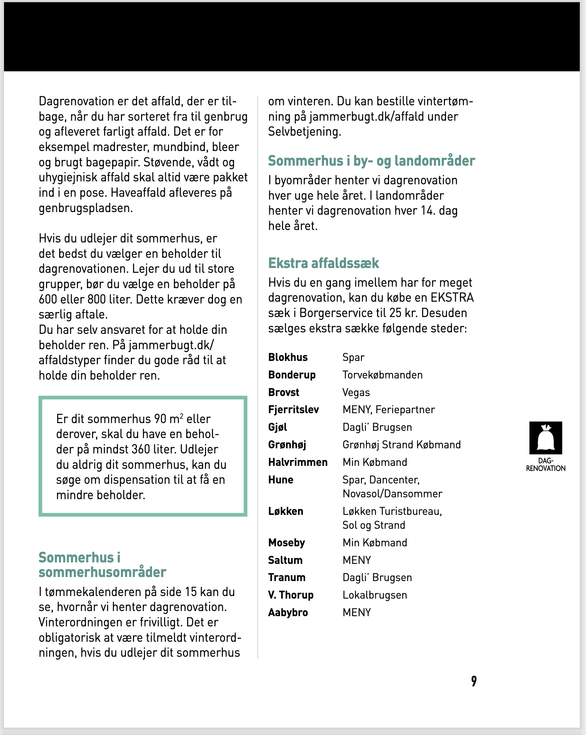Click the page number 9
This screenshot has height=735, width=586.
(x=473, y=681)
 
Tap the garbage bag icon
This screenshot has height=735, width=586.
(x=545, y=438)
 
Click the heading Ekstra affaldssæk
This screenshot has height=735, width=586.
(x=324, y=263)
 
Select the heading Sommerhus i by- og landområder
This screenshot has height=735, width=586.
(x=372, y=161)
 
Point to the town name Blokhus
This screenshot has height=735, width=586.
(x=288, y=357)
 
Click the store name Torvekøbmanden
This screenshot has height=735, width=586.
(x=383, y=375)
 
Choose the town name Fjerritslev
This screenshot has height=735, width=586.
(x=293, y=410)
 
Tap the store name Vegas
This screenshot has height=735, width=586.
(x=356, y=392)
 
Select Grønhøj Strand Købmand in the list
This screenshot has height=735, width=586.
(x=402, y=445)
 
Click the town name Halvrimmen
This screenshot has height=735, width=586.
(x=298, y=462)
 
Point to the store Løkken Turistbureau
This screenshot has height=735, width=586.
(x=392, y=511)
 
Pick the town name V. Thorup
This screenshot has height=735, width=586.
(x=291, y=595)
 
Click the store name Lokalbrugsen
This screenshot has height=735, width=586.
(x=375, y=595)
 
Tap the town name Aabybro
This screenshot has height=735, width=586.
(x=288, y=612)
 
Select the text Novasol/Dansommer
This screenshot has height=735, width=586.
(x=392, y=494)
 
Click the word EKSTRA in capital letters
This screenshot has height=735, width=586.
(x=452, y=298)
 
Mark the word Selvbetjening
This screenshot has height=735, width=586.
(x=304, y=132)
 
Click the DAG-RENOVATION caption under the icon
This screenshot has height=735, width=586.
(x=545, y=465)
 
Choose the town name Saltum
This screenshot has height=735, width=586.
(x=285, y=560)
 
